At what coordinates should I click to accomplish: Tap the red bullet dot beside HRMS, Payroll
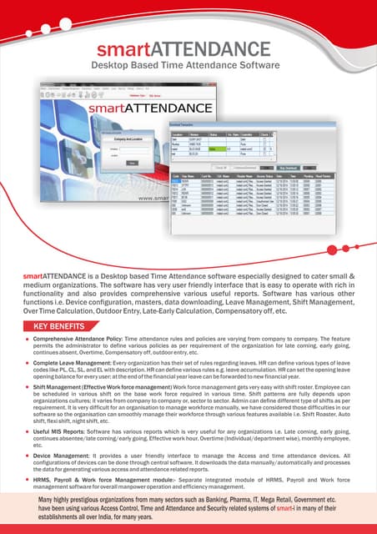click(26, 481)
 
